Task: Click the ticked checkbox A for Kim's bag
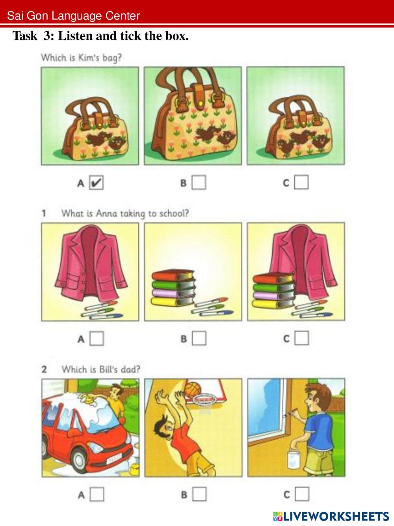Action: (x=96, y=183)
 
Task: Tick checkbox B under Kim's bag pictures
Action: (x=199, y=183)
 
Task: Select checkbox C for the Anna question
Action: (x=302, y=338)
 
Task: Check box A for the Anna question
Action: (x=97, y=338)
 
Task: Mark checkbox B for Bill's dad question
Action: (x=199, y=494)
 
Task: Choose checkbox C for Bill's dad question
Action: (x=302, y=494)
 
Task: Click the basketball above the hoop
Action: (x=193, y=390)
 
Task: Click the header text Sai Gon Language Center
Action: (x=73, y=16)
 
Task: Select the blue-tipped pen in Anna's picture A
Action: (x=106, y=316)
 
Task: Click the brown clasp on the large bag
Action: (x=199, y=96)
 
